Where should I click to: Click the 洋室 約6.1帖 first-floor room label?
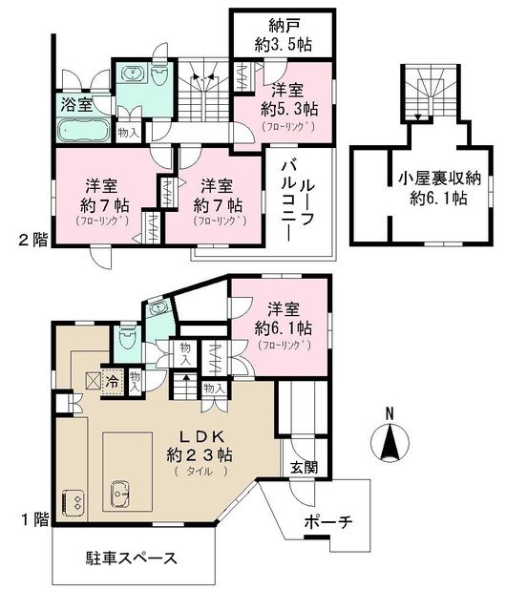click(284, 327)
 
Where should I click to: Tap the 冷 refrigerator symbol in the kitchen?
click(113, 379)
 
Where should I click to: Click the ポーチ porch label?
click(328, 522)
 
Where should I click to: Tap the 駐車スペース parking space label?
click(125, 558)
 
